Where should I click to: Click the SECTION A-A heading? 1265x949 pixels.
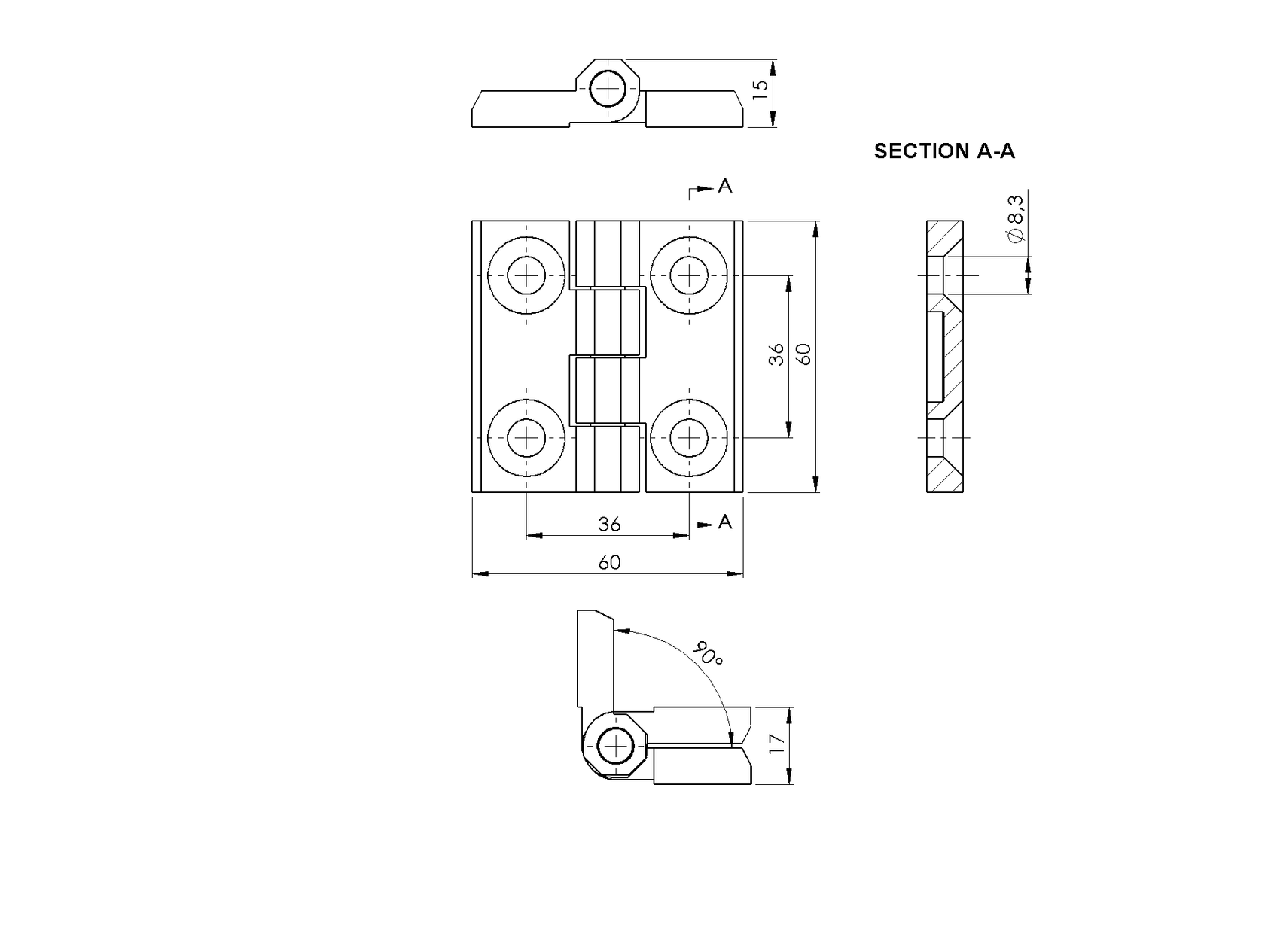[943, 151]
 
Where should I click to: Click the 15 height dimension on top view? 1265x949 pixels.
[761, 86]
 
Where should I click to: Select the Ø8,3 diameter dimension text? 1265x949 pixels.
[1015, 218]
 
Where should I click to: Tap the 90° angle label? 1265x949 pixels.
[709, 652]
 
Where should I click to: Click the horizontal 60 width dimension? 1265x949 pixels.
[609, 562]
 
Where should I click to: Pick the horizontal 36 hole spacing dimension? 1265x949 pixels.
[609, 524]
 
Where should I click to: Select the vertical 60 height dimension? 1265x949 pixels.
[804, 354]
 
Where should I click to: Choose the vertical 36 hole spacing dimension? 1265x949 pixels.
[776, 354]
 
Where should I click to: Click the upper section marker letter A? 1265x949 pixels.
[724, 185]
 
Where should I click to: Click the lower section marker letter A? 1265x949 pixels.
[724, 522]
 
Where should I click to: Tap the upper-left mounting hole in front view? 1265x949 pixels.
[526, 275]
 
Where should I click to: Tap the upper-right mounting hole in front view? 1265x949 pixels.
[689, 275]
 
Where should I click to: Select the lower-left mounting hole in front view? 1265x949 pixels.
[526, 438]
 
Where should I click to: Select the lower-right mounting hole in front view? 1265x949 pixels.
[689, 438]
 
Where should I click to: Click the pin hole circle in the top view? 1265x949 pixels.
[608, 90]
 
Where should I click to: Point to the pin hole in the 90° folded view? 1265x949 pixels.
[615, 747]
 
